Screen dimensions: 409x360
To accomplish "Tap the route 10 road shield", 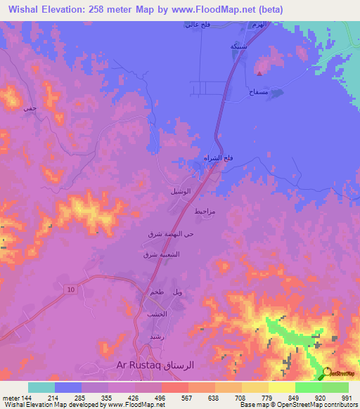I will click(71, 290).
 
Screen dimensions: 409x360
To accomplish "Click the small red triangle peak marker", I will click(260, 72).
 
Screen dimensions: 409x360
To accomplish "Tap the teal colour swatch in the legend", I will click(41, 387).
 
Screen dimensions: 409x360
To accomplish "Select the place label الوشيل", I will click(180, 190).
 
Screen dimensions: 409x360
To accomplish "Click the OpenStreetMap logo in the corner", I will click(340, 373).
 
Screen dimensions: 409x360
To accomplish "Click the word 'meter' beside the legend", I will click(10, 397).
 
